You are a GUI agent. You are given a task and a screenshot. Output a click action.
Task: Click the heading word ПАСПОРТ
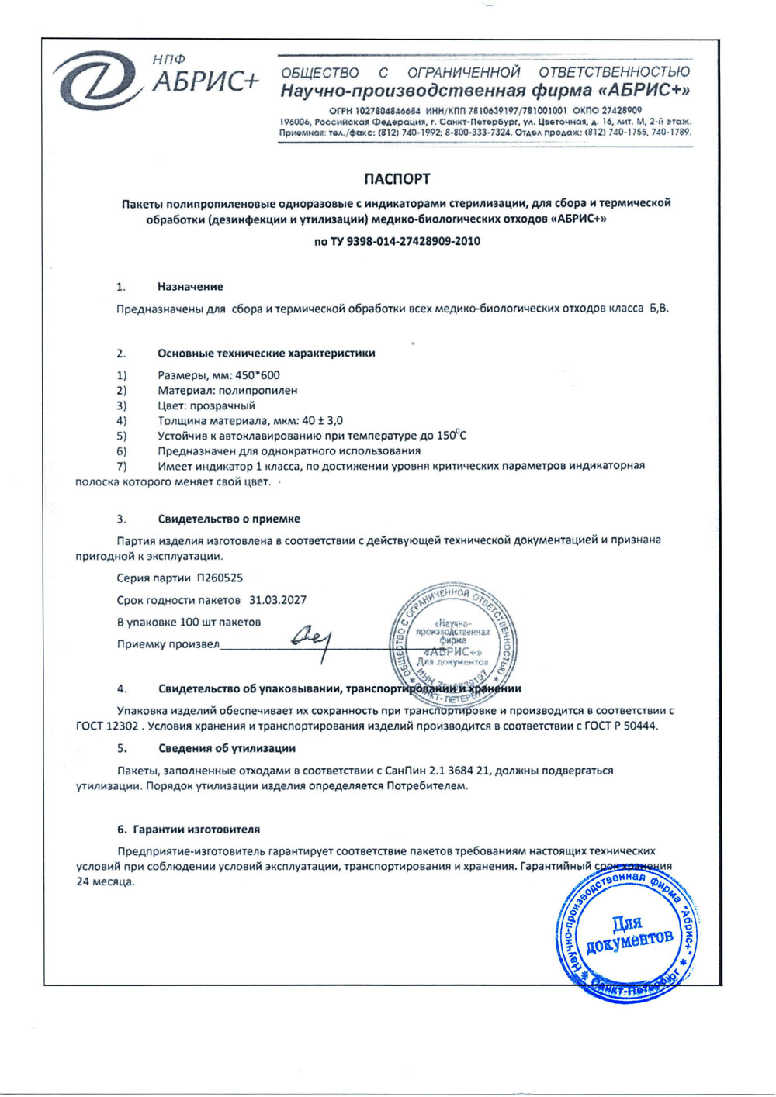[397, 179]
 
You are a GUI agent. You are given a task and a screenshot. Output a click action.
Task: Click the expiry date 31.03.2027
[278, 600]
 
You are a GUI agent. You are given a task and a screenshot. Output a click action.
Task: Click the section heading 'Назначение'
[190, 287]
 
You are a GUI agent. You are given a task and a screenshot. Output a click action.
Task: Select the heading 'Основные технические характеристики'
[266, 354]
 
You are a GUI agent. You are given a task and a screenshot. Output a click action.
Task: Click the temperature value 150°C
[451, 435]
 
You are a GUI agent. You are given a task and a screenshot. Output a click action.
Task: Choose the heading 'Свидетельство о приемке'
[229, 519]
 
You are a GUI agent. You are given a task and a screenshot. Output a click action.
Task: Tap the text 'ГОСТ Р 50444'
[621, 726]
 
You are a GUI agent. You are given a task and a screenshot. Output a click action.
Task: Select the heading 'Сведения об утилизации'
[227, 748]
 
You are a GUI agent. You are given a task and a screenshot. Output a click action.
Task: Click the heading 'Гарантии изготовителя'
[196, 829]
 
